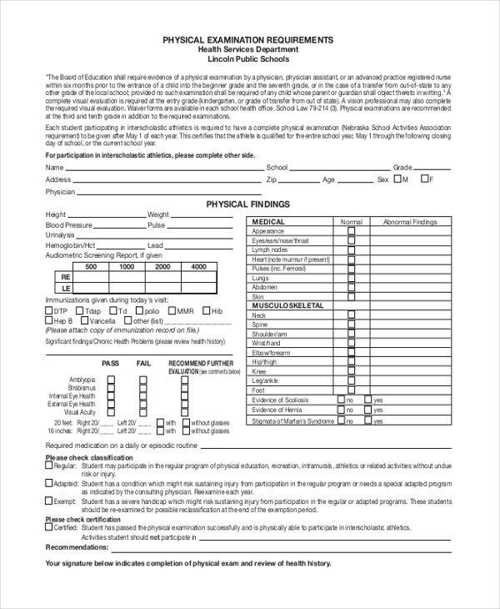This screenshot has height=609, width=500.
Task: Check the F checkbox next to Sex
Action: (425, 179)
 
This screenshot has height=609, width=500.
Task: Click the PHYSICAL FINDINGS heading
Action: (247, 204)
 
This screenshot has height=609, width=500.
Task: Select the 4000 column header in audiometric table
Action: (198, 267)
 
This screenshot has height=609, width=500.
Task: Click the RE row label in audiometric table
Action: (66, 278)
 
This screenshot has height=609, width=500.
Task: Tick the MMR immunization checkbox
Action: (170, 311)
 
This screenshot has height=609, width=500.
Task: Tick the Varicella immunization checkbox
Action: (84, 321)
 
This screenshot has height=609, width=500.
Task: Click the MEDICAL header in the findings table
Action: (268, 222)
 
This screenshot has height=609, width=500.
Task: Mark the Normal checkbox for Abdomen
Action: (351, 287)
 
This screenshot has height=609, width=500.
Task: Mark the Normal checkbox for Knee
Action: (351, 371)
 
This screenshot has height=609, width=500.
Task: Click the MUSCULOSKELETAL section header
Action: (287, 306)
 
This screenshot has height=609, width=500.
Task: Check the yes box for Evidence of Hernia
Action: (367, 410)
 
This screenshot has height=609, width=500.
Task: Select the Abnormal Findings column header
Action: (409, 222)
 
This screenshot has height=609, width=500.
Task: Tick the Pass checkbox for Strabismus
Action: (111, 388)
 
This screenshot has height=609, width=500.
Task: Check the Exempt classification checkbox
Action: (48, 501)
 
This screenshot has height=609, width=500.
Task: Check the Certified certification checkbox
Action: (48, 528)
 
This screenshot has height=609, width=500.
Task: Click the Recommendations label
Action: (77, 547)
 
